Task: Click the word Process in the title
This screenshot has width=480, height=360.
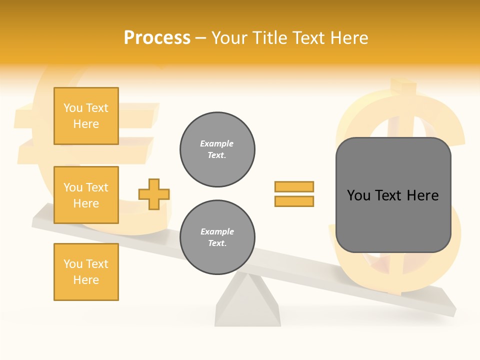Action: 157,38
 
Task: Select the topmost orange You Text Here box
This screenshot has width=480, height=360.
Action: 86,116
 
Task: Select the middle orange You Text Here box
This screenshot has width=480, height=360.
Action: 86,195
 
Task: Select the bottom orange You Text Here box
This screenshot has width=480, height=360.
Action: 86,272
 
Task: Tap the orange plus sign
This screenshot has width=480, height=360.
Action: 154,194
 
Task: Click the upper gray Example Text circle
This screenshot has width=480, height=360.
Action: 217,149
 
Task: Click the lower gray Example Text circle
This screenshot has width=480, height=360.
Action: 217,237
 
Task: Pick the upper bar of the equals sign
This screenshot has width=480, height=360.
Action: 294,186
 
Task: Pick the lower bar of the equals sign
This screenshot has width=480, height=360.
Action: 294,201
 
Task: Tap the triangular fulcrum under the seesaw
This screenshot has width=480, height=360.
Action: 247,305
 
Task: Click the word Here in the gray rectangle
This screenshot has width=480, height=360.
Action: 422,195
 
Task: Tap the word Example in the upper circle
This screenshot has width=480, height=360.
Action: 217,143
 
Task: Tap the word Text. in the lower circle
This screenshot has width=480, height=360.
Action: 217,243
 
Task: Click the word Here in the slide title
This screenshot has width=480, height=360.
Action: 348,38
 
